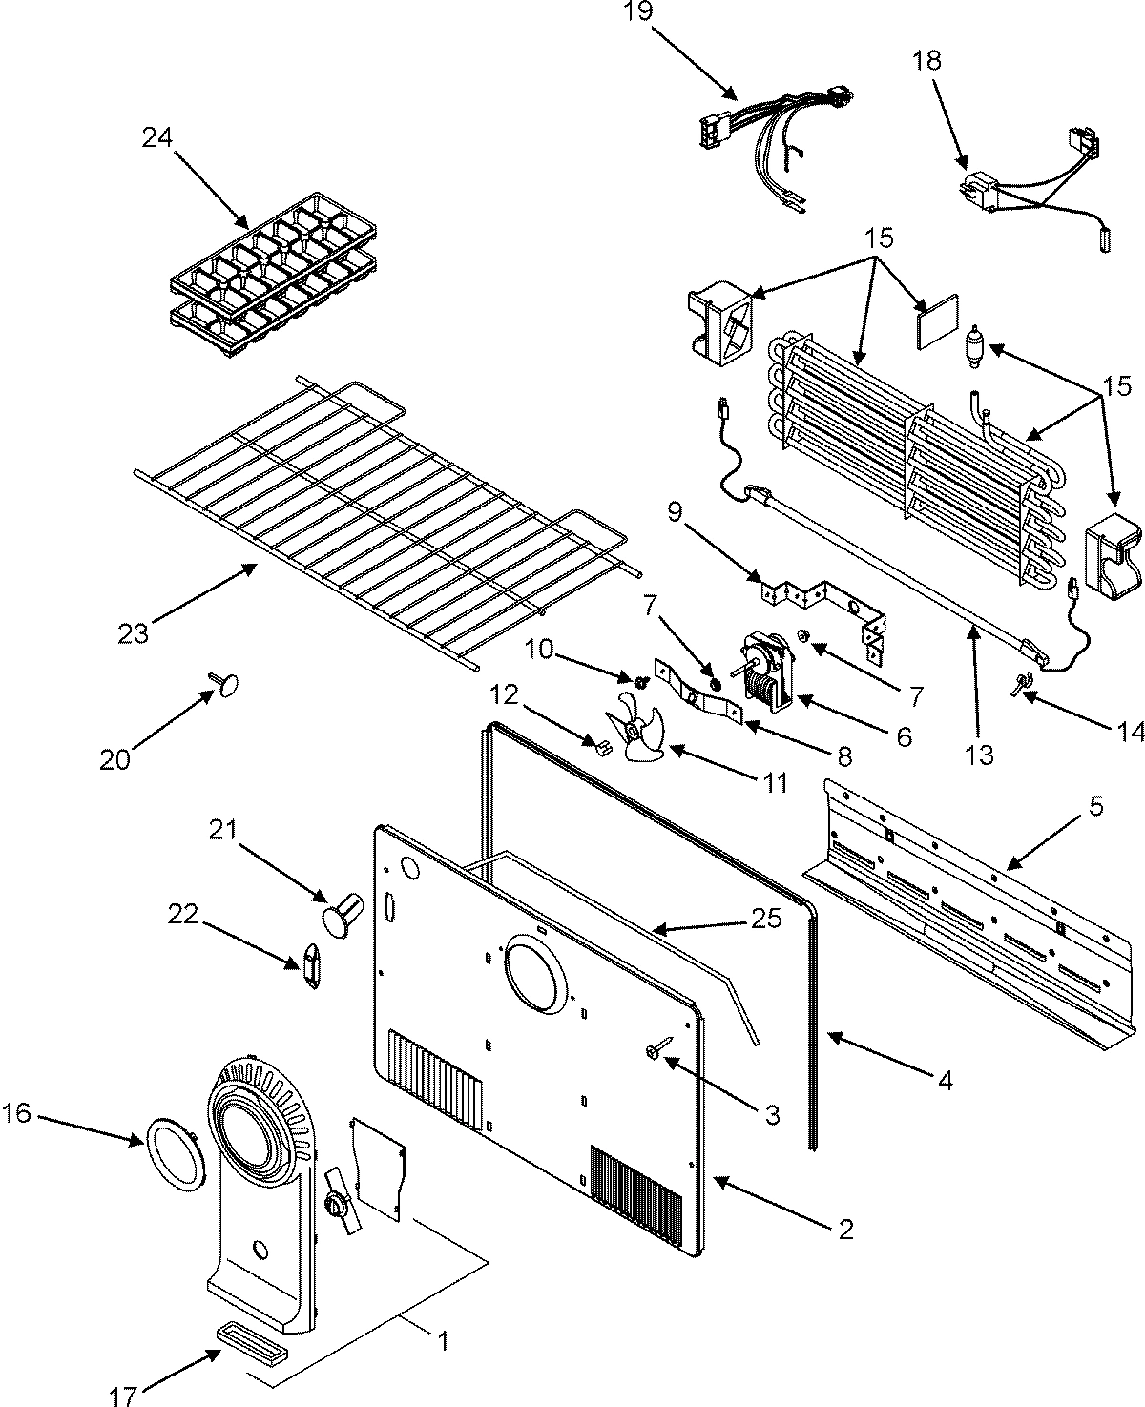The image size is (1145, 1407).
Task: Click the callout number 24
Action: [x=156, y=138]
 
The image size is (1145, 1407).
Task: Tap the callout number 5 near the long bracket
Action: [x=1095, y=807]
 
